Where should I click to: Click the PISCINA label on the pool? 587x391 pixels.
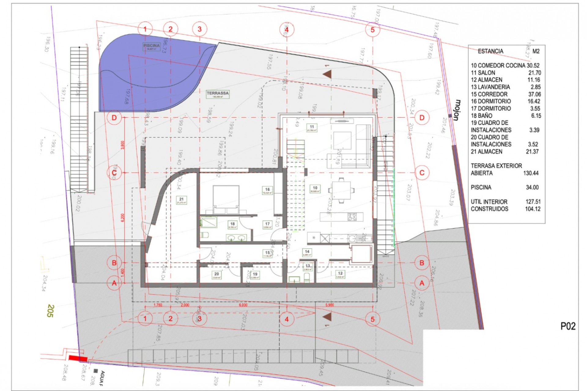[151, 46]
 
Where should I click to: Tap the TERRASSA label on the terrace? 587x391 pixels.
[218, 94]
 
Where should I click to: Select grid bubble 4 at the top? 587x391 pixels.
[286, 30]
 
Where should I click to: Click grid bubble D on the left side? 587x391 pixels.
[114, 118]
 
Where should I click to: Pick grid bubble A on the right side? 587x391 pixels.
[422, 283]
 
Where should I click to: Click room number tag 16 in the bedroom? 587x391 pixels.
[267, 190]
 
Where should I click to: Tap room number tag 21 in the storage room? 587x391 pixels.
[181, 200]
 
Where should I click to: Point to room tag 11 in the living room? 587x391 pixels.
[312, 127]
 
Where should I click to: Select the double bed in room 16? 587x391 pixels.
[226, 199]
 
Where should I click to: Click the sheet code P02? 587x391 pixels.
[568, 326]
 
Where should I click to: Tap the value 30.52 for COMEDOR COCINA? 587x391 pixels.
[533, 65]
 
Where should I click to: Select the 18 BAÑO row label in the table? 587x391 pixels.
[482, 115]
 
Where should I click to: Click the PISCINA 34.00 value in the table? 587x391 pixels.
[532, 187]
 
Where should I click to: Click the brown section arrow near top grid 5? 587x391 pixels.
[327, 74]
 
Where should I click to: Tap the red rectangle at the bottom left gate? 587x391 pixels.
[78, 358]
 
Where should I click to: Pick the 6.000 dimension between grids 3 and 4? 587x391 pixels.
[243, 305]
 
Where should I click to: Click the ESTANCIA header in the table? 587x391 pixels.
[490, 51]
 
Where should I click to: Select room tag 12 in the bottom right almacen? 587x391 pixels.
[340, 274]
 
